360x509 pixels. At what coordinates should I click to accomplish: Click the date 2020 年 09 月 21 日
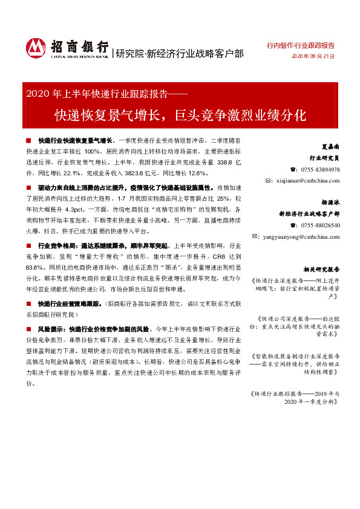click(x=313, y=56)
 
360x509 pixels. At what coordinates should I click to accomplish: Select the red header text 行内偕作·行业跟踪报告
click(x=301, y=45)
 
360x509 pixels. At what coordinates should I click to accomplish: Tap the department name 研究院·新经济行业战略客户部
click(x=179, y=54)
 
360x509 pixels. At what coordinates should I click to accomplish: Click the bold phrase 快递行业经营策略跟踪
click(x=70, y=303)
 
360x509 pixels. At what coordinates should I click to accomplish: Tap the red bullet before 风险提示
click(x=28, y=329)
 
